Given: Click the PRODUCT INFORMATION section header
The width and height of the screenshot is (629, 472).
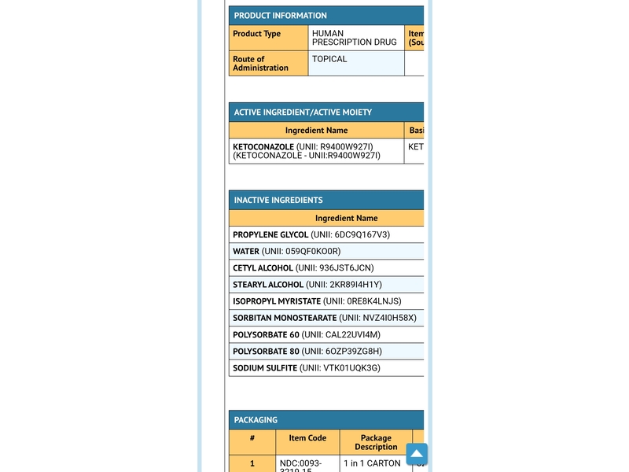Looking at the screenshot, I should click(x=280, y=16).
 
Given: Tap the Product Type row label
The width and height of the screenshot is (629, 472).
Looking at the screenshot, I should click(x=257, y=34).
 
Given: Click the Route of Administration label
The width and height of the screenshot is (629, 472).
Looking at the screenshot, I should click(x=260, y=64).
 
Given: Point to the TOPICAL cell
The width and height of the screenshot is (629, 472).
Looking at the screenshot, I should click(x=329, y=59).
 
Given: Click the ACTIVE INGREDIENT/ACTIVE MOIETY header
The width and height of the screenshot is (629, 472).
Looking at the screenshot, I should click(x=303, y=112).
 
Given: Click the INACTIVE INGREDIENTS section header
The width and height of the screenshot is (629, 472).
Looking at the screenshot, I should click(x=278, y=201).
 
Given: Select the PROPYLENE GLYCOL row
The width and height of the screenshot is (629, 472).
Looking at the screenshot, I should click(x=311, y=235).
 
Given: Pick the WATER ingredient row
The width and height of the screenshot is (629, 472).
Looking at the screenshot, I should click(x=287, y=252).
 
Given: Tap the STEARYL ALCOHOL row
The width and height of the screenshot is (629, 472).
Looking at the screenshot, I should click(x=307, y=285).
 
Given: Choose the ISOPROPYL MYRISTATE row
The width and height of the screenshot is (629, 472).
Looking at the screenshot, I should click(x=317, y=301).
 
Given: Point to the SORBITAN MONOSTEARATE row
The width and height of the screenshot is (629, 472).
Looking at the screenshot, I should click(x=325, y=319).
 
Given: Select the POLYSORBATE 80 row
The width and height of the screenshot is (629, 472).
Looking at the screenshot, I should click(x=307, y=352).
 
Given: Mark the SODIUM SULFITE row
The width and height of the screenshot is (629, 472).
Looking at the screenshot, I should click(x=307, y=368).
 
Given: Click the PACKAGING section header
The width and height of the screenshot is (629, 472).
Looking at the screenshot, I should click(x=256, y=420).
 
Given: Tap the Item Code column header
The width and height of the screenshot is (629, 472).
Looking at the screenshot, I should click(x=307, y=438).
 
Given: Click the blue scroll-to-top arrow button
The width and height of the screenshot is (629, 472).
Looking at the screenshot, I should click(x=417, y=455).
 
